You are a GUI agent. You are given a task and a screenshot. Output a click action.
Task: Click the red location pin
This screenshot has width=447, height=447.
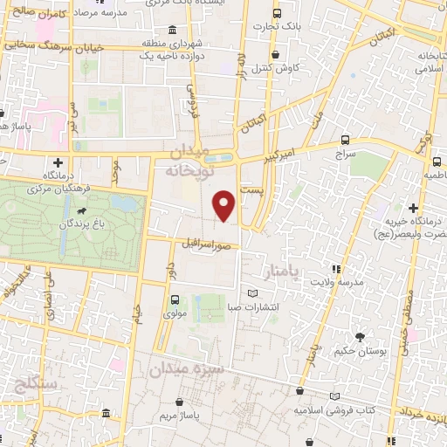click(225, 204)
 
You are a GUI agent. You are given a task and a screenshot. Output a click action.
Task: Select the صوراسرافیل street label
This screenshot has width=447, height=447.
click(207, 244)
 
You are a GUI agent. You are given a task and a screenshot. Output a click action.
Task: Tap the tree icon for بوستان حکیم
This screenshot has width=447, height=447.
click(360, 336)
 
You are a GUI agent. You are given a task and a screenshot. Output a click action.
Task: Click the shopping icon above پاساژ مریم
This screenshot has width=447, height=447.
click(181, 403)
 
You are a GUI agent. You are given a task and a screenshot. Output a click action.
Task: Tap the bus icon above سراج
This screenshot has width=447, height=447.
click(345, 140)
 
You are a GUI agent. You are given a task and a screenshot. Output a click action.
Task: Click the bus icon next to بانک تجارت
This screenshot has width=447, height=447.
click(277, 14)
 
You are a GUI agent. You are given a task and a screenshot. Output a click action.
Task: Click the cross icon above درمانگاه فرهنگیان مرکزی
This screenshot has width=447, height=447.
click(58, 162)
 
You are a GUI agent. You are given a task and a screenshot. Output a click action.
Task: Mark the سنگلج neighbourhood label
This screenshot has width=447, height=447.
click(36, 384)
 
